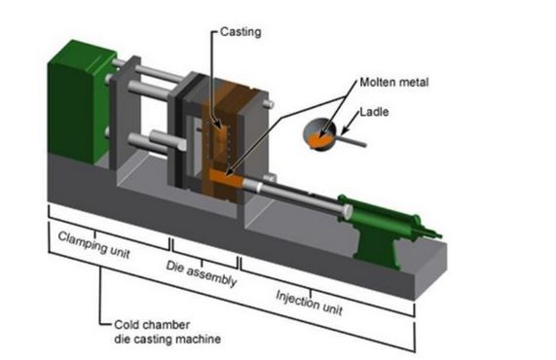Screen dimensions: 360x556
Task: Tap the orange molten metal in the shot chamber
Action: point(223,180)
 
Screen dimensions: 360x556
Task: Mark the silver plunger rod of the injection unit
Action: point(302,194)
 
